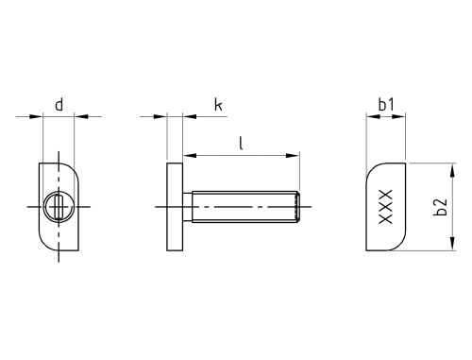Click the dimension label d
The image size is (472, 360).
(59, 105)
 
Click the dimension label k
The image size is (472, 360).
(218, 105)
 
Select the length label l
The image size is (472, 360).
(241, 143)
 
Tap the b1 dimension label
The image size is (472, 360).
(386, 105)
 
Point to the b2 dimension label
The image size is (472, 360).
(440, 207)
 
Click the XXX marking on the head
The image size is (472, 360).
(386, 207)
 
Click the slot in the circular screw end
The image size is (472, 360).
(59, 207)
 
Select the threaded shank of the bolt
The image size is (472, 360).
(245, 207)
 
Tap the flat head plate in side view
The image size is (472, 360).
(175, 207)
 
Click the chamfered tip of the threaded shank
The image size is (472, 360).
(297, 207)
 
